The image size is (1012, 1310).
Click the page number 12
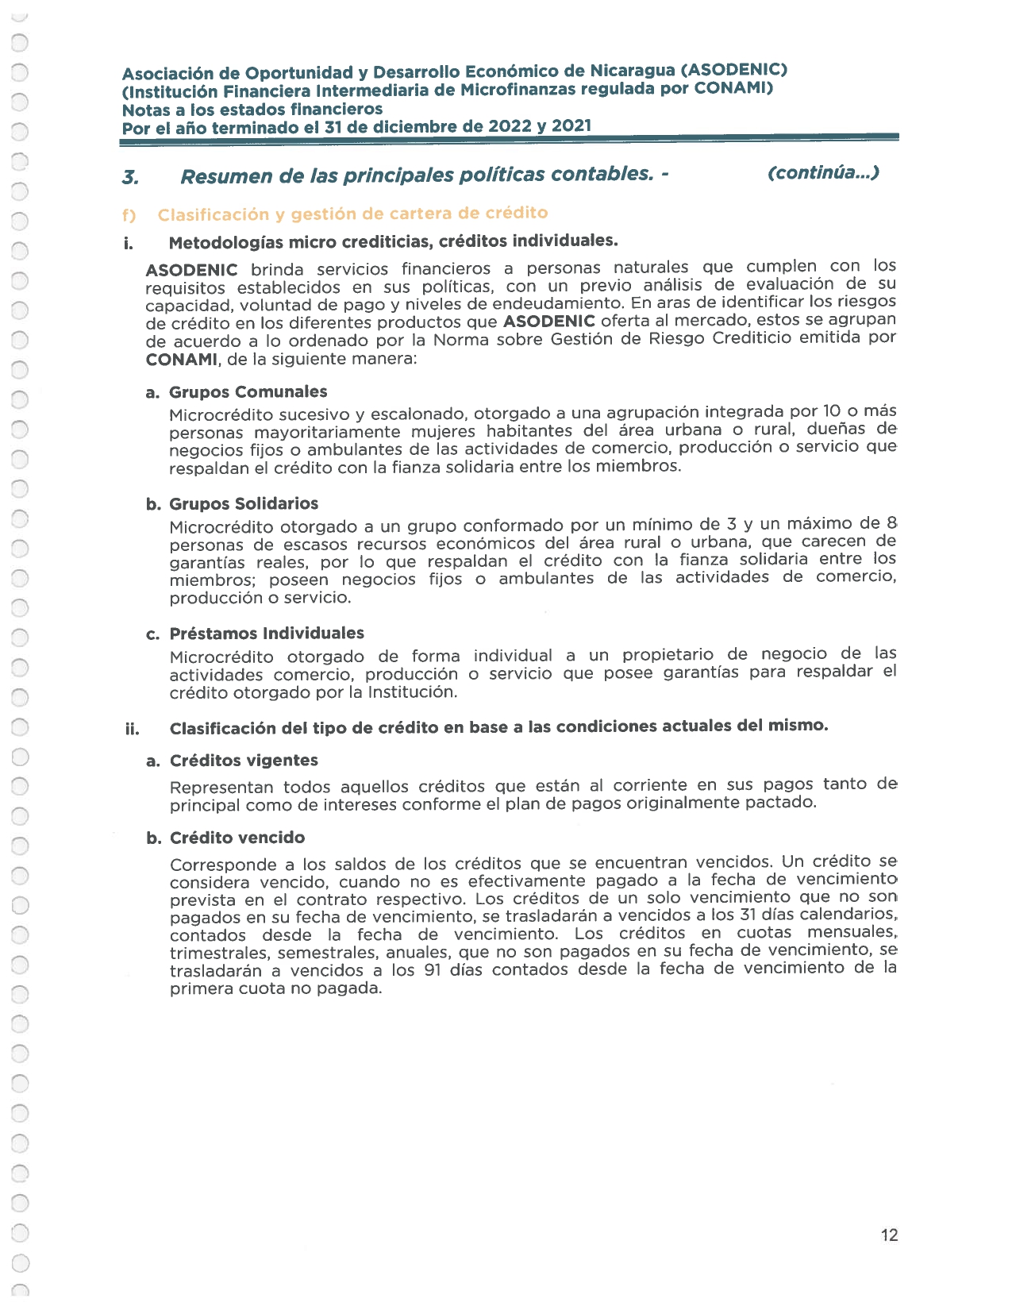889,1235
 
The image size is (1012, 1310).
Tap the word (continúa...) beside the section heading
823,172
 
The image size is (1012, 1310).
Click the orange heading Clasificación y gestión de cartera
352,214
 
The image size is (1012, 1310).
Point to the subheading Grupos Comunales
248,391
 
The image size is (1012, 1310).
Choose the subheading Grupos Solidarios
244,503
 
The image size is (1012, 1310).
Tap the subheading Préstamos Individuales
267,633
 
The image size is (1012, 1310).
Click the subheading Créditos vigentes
244,760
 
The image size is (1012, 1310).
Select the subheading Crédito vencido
237,838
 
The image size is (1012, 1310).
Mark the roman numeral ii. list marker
133,729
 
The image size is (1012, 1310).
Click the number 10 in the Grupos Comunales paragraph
831,411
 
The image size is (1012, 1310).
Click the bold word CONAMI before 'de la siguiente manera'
182,359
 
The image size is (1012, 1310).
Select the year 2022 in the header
510,126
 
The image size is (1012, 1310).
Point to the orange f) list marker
129,215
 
